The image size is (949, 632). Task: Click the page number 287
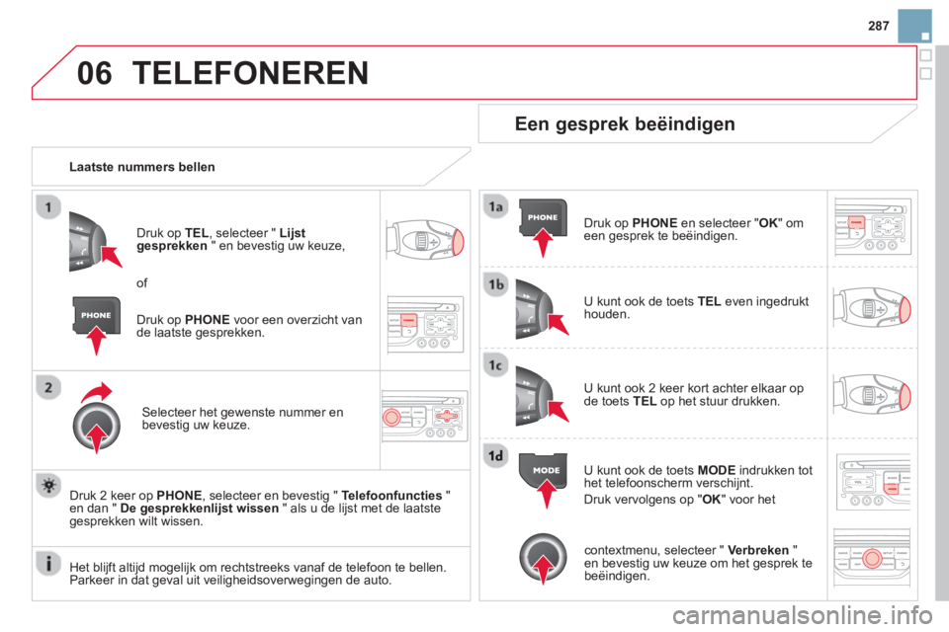878,26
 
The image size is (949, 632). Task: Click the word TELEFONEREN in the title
250,73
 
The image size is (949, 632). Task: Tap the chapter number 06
95,73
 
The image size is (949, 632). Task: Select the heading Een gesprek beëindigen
625,124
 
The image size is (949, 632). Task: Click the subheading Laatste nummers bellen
142,167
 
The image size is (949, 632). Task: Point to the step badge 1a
495,206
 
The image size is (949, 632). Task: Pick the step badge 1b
495,283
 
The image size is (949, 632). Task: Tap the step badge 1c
495,365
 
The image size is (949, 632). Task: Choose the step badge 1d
495,455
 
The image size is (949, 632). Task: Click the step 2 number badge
48,387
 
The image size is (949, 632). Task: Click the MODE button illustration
544,470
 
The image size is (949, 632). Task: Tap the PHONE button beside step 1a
543,217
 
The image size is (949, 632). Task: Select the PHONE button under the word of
96,315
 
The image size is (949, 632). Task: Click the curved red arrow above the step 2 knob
97,392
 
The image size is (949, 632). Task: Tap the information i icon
48,563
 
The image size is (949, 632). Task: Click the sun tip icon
48,486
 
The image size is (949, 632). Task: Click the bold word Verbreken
758,550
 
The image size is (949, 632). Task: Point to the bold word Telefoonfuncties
391,496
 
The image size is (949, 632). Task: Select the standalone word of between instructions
141,283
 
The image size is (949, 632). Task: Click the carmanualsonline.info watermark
803,615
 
